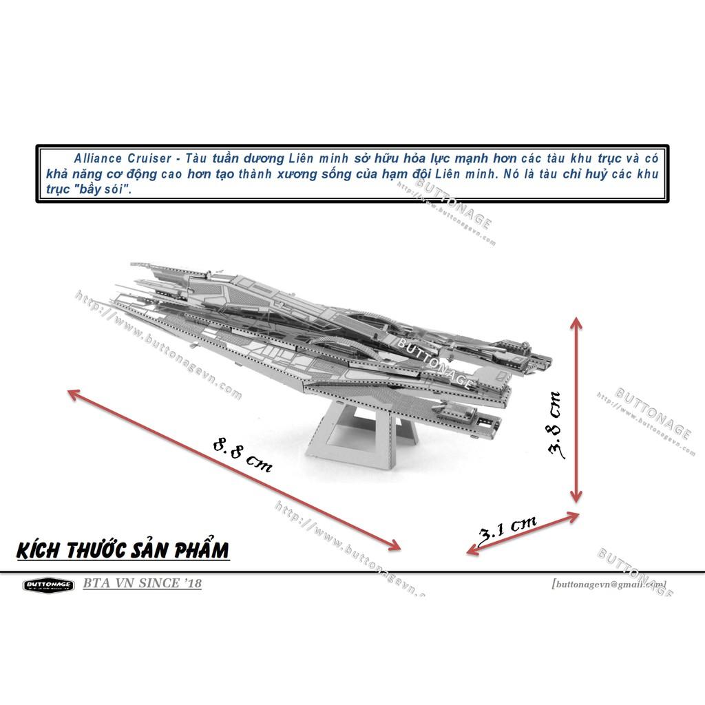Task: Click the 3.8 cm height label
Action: (x=554, y=425)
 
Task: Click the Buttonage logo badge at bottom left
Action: (x=48, y=585)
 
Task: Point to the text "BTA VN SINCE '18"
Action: (x=142, y=584)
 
